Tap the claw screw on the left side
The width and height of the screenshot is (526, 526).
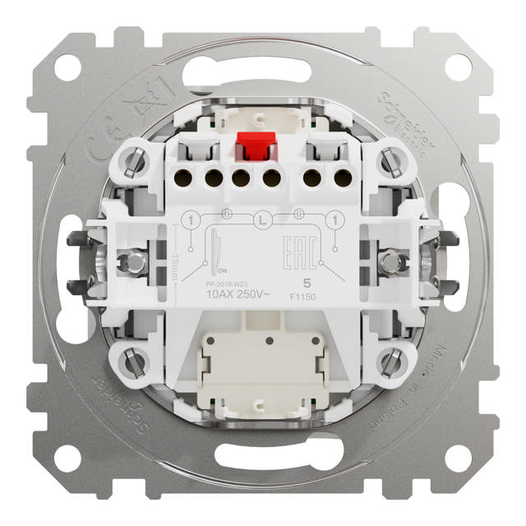coord(129,261)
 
